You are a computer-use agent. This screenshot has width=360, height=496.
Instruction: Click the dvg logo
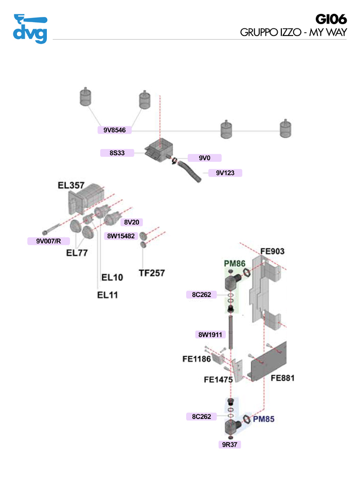pos(30,29)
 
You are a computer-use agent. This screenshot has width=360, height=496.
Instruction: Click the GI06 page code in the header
pos(331,20)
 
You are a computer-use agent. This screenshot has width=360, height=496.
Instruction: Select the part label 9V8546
pos(114,130)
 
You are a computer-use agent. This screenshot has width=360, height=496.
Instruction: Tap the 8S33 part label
pos(117,153)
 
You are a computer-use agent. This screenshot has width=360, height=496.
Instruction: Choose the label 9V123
pos(225,173)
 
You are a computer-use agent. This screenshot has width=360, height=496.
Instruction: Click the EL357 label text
pos(71,186)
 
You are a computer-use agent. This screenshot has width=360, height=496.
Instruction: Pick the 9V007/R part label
pos(48,241)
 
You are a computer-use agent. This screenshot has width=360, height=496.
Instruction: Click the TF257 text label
pos(152,273)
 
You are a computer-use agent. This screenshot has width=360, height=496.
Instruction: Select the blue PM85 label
pos(264,419)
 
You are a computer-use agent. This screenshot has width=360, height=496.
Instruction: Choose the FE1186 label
pos(196,359)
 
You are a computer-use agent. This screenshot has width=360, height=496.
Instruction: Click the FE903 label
pos(272,252)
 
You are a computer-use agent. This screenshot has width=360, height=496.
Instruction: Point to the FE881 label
pos(282,378)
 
